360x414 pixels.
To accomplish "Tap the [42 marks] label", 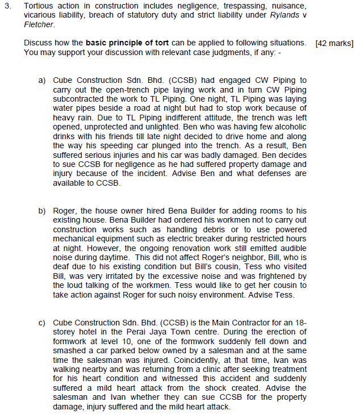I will tap(334, 44).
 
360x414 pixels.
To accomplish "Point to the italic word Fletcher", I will tap(39, 25).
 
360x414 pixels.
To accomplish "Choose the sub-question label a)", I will tap(42, 81).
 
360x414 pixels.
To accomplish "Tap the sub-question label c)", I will tap(42, 323).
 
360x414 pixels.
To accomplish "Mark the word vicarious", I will tap(39, 16).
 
